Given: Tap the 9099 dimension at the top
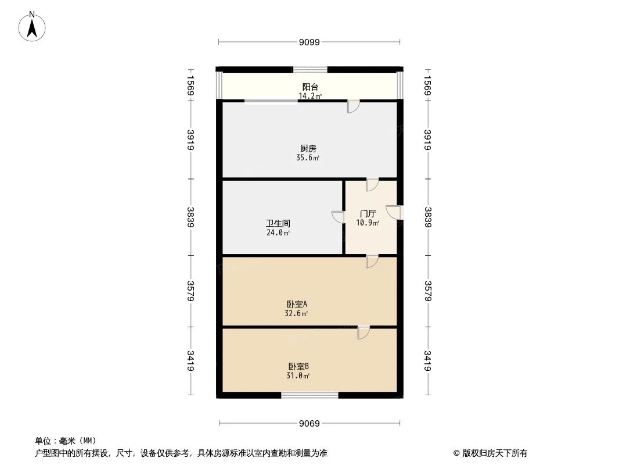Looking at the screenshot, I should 310,42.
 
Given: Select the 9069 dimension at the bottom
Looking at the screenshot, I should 310,423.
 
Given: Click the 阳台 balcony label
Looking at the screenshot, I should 310,87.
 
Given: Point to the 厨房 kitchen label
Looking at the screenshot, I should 310,149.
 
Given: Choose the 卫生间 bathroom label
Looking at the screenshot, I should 278,223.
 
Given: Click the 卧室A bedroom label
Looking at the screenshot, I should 297,304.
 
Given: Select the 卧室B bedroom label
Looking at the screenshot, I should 298,366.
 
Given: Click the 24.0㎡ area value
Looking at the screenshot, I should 278,233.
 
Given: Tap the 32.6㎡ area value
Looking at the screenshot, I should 297,313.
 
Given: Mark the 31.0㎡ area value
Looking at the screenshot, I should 298,375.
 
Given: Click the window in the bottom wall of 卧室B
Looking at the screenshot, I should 310,395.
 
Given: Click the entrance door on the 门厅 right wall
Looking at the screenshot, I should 395,213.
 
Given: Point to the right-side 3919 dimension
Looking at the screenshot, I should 427,140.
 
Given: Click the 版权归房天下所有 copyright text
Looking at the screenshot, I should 491,453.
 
